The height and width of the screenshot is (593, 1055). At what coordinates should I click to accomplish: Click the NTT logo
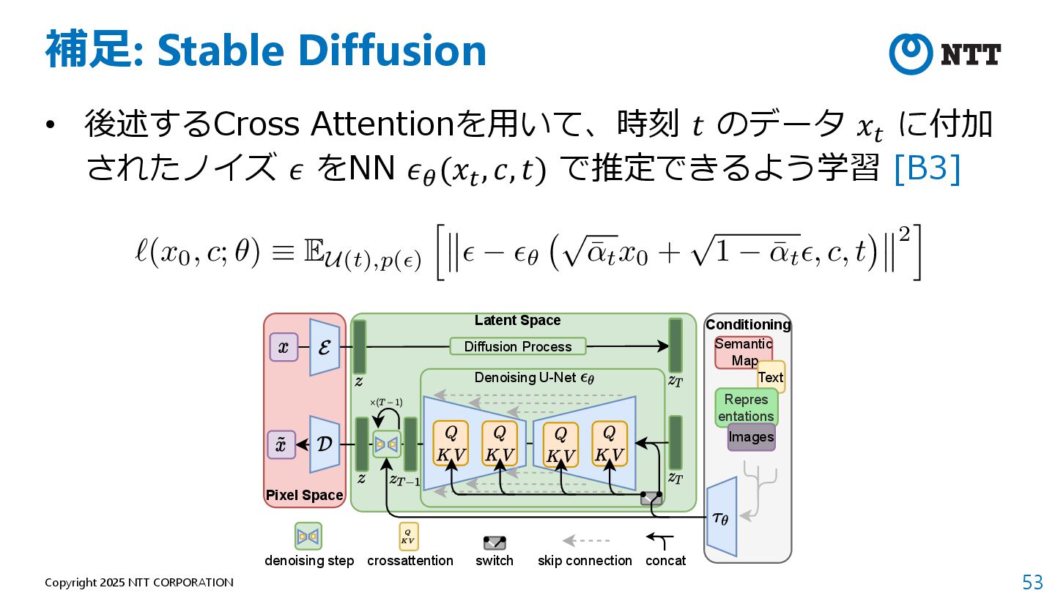click(945, 54)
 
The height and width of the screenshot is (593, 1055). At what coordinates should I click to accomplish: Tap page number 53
click(1032, 582)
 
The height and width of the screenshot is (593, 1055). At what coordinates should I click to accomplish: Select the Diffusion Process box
click(518, 346)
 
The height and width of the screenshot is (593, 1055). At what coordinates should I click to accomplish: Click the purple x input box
click(284, 347)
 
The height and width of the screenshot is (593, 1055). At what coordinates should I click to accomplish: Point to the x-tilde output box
click(281, 444)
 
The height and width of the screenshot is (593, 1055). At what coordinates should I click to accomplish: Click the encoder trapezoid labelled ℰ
click(325, 347)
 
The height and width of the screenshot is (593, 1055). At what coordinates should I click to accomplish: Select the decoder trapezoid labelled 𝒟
click(325, 444)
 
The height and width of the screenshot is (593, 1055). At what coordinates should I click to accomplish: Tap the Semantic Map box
click(742, 352)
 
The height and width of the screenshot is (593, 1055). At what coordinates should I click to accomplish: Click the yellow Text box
click(771, 377)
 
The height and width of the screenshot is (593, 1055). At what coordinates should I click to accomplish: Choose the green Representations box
click(746, 408)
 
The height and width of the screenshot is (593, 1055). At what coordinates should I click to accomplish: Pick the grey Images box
click(751, 437)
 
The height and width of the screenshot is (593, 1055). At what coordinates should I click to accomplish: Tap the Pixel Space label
click(304, 496)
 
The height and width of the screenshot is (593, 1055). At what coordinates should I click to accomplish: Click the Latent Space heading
click(517, 321)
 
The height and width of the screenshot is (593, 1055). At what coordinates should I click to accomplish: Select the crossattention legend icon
click(408, 537)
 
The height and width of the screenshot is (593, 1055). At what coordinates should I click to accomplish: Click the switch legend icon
click(495, 542)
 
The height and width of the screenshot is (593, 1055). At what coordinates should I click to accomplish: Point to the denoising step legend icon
click(308, 537)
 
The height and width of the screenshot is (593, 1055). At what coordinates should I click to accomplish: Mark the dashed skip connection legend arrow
click(585, 541)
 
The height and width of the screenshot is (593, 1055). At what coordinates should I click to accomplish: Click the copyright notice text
click(139, 583)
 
